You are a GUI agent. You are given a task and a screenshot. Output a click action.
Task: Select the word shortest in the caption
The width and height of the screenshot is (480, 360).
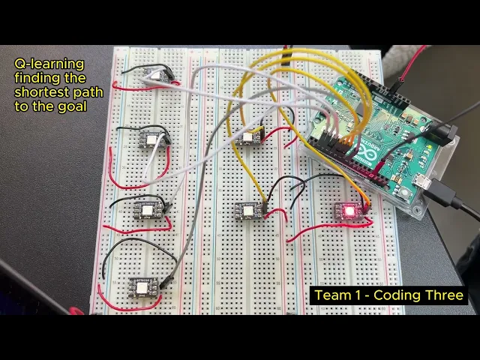pyautogui.click(x=37, y=93)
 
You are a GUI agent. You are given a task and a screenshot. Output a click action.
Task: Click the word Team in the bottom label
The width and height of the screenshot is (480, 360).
pyautogui.click(x=331, y=295)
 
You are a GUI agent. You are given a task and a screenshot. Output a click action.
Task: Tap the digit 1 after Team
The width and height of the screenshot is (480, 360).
pyautogui.click(x=354, y=295)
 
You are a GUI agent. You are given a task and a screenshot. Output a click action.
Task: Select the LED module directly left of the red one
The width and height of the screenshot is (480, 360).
pyautogui.click(x=248, y=210)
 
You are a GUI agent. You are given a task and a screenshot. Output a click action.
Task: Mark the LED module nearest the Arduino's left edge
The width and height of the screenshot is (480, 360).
pyautogui.click(x=247, y=137)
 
